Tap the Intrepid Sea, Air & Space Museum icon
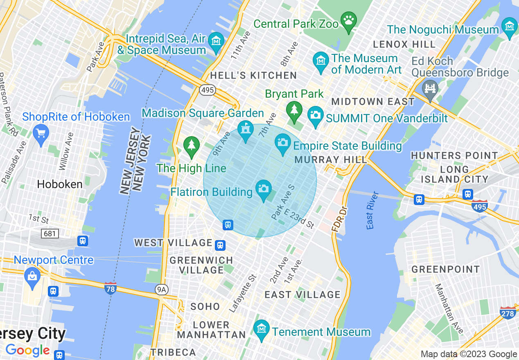(x=216, y=41)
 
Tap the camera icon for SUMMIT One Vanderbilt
(x=315, y=114)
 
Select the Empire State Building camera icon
(x=282, y=142)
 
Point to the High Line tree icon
(x=191, y=145)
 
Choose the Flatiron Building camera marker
(x=264, y=188)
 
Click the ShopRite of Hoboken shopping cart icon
(x=41, y=133)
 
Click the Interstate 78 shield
(x=110, y=288)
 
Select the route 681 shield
(x=50, y=234)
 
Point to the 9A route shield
(x=162, y=290)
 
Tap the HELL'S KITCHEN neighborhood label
(x=253, y=75)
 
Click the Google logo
(x=28, y=350)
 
